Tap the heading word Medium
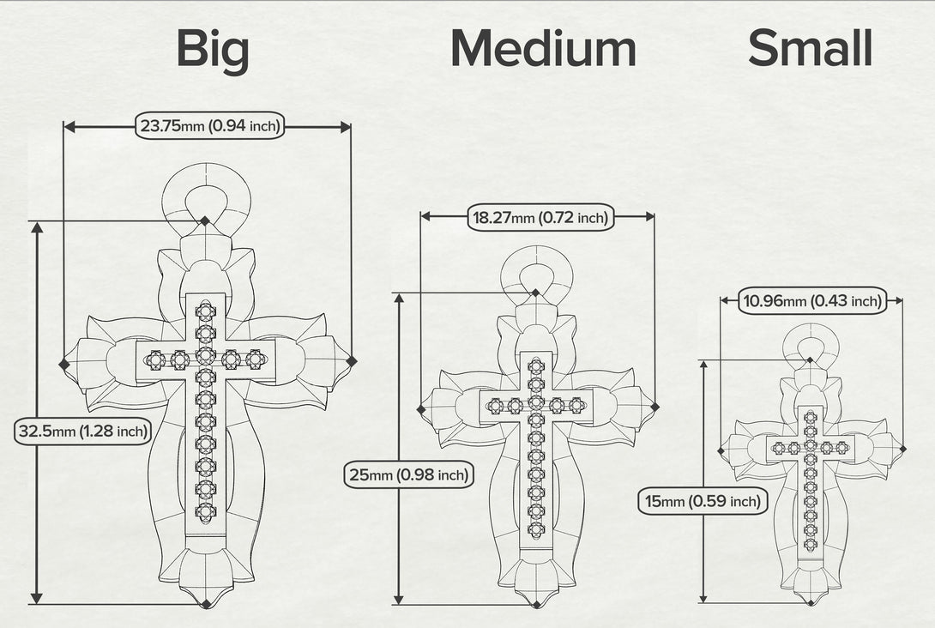pyautogui.click(x=543, y=48)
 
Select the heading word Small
pyautogui.click(x=811, y=48)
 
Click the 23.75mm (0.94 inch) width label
pyautogui.click(x=209, y=126)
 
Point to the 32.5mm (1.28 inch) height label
pyautogui.click(x=82, y=431)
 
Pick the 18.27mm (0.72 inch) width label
pyautogui.click(x=540, y=217)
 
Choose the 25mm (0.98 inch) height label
pyautogui.click(x=409, y=474)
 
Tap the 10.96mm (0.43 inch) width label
pyautogui.click(x=812, y=300)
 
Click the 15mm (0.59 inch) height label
pyautogui.click(x=703, y=501)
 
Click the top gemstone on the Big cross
pyautogui.click(x=206, y=311)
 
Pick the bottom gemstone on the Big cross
pyautogui.click(x=206, y=511)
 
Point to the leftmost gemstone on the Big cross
pyautogui.click(x=155, y=359)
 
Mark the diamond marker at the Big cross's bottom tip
pyautogui.click(x=206, y=603)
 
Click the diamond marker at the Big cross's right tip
pyautogui.click(x=351, y=361)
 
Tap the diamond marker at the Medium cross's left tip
pyautogui.click(x=421, y=409)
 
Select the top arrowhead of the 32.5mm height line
pyautogui.click(x=37, y=228)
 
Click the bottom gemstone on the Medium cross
pyautogui.click(x=536, y=528)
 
